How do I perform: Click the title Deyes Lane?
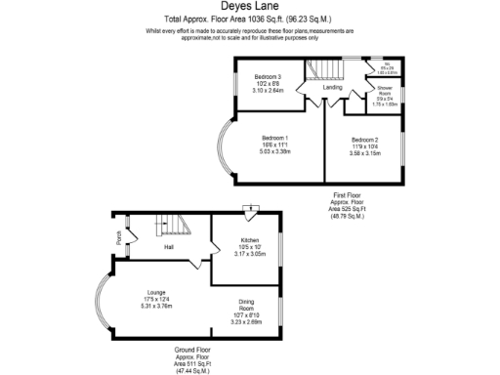click(x=249, y=7)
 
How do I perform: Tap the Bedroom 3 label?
click(x=268, y=76)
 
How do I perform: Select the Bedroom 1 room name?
click(x=273, y=138)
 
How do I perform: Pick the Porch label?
click(x=118, y=236)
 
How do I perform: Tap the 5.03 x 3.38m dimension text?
click(x=273, y=151)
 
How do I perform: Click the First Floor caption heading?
click(x=347, y=195)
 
